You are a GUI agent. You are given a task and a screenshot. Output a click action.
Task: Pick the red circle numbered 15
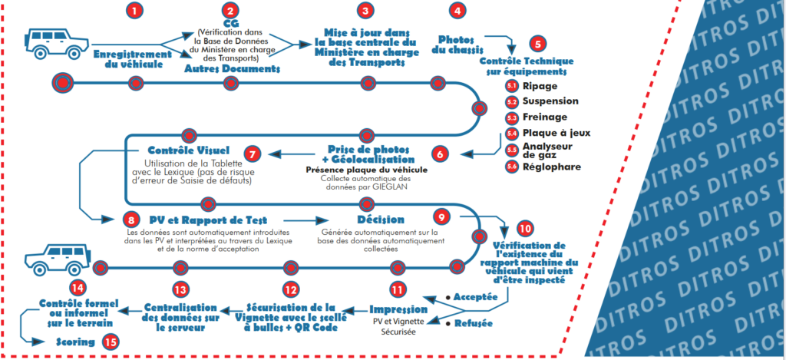(112, 342)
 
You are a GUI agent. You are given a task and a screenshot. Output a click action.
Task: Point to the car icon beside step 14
(56, 257)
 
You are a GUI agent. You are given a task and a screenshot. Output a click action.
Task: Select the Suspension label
(550, 101)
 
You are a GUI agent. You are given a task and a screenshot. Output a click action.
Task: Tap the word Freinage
(545, 117)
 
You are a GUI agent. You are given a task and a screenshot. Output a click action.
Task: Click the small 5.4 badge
(512, 134)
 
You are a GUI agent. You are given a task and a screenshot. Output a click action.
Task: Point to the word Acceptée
(476, 297)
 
